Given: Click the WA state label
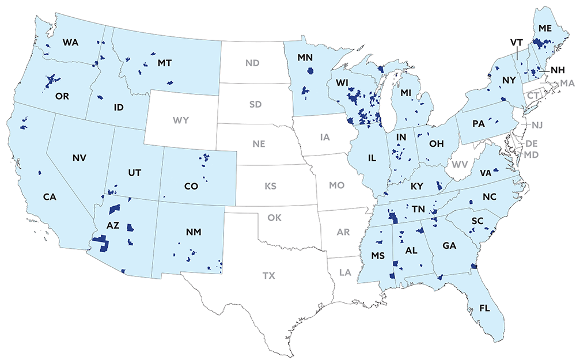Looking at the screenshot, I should click(70, 43).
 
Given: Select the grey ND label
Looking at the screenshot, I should click(252, 62).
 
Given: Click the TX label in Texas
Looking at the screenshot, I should click(268, 276).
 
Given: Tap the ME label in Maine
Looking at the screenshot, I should click(544, 28).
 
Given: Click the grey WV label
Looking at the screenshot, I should click(460, 165).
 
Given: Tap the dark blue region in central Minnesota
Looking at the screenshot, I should click(312, 71).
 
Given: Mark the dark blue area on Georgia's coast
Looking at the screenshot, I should click(473, 266).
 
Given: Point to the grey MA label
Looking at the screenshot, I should click(567, 84).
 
